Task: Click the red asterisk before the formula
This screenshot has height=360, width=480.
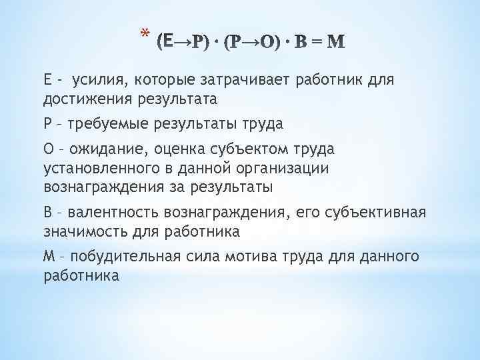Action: point(145,32)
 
